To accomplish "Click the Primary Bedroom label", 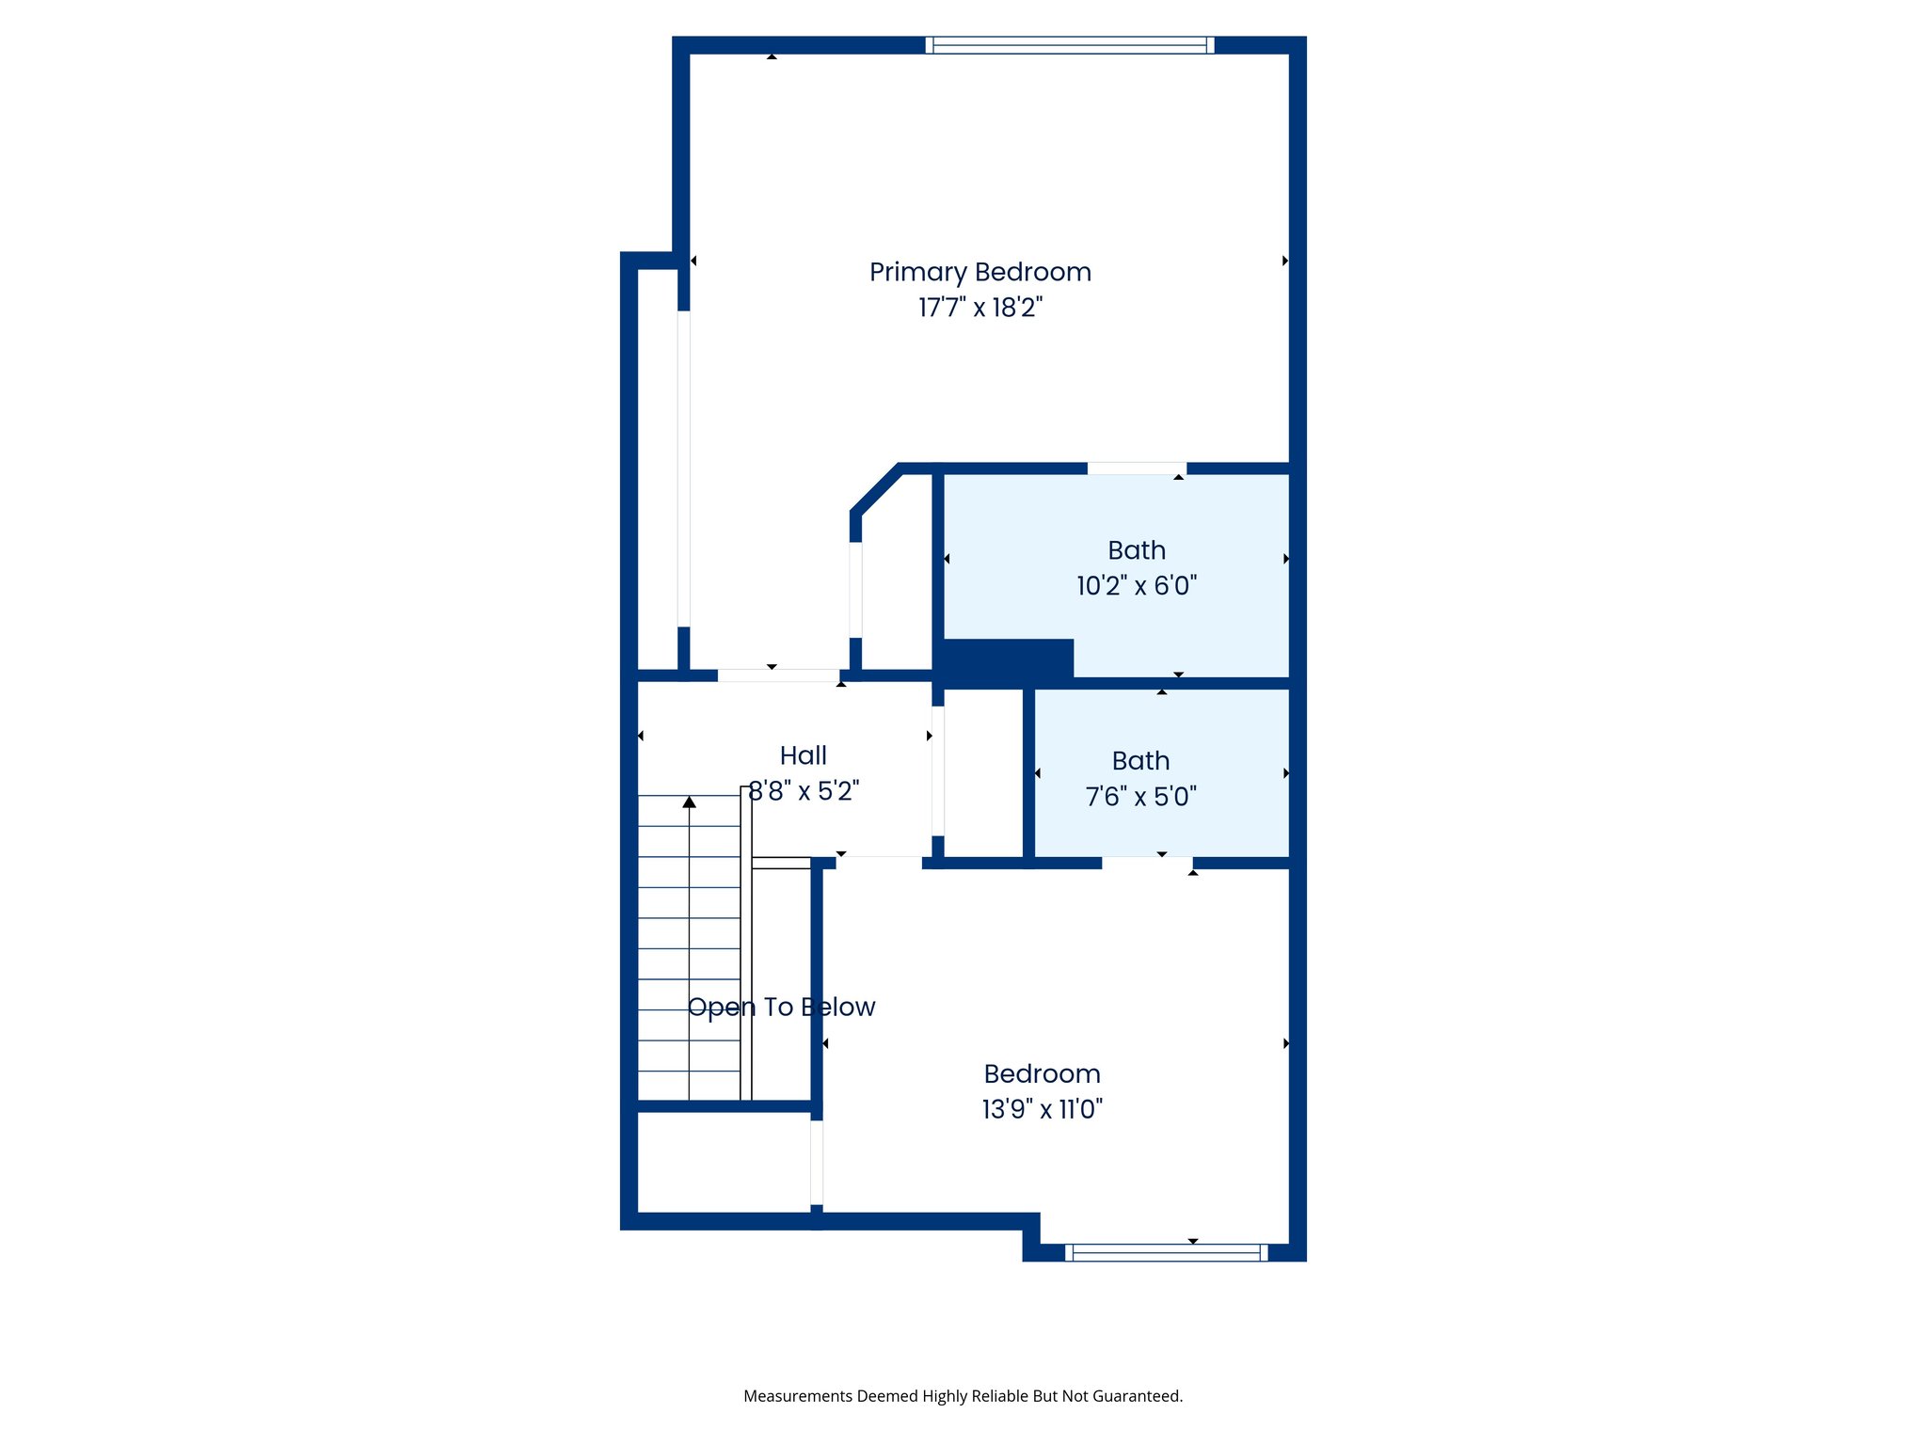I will pos(979,272).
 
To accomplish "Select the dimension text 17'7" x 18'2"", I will pos(979,308).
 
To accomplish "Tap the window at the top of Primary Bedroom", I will pos(1070,44).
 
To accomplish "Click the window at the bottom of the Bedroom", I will pos(1166,1252).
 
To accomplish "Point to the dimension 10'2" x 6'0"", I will pos(1136,586).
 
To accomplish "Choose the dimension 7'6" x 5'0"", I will pos(1140,797).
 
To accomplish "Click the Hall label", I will pos(803,755).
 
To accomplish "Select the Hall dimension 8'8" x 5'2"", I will pos(804,791).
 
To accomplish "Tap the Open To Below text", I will pos(781,1008).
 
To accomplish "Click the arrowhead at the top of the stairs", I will pos(689,802).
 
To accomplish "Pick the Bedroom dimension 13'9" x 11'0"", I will pos(1042,1109).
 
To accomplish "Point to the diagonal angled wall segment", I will pos(876,489).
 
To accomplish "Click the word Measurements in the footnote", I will pos(798,1396).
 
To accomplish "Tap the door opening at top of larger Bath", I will pos(1137,468).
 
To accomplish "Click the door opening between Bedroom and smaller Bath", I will pos(1147,863).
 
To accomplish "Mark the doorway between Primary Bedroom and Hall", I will pos(778,675).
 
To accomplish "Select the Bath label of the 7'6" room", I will pos(1140,760).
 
